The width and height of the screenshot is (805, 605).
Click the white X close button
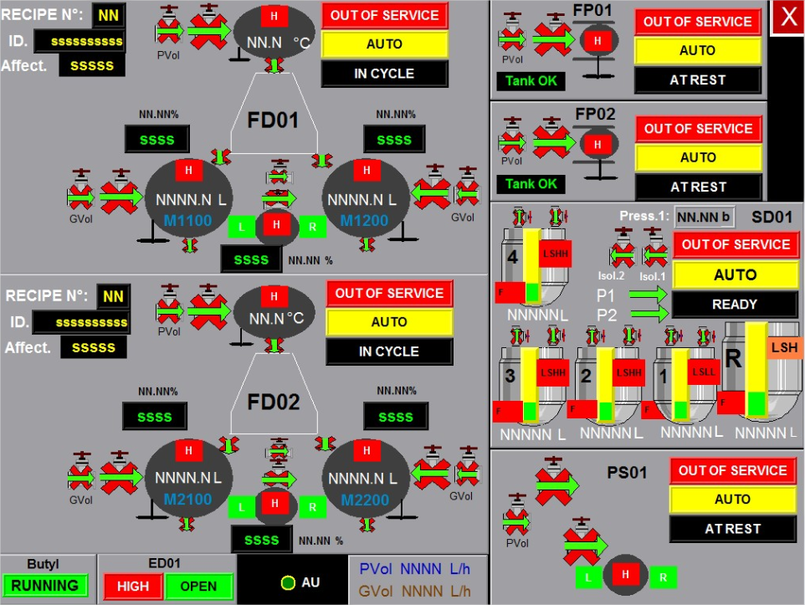pyautogui.click(x=787, y=18)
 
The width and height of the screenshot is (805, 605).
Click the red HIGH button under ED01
pyautogui.click(x=133, y=586)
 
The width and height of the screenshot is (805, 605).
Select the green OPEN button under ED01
pyautogui.click(x=198, y=586)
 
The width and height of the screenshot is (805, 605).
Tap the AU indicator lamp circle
pyautogui.click(x=288, y=582)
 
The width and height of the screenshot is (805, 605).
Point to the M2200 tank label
pyautogui.click(x=364, y=500)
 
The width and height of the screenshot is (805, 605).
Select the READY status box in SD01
pyautogui.click(x=734, y=305)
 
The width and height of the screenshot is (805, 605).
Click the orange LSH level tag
pyautogui.click(x=784, y=346)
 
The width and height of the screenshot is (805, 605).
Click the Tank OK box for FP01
pyautogui.click(x=531, y=81)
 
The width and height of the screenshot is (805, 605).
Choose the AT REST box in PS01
pyautogui.click(x=732, y=529)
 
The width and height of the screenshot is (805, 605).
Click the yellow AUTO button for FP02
pyautogui.click(x=698, y=157)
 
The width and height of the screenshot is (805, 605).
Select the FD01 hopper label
pyautogui.click(x=273, y=120)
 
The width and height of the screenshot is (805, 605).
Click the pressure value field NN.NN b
pyautogui.click(x=703, y=218)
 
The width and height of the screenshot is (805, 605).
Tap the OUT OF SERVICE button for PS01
pyautogui.click(x=732, y=470)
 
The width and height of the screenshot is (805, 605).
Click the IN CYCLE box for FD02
pyautogui.click(x=388, y=351)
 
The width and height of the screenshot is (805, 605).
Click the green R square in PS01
pyautogui.click(x=663, y=577)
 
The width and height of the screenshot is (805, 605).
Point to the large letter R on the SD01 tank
pyautogui.click(x=734, y=359)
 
